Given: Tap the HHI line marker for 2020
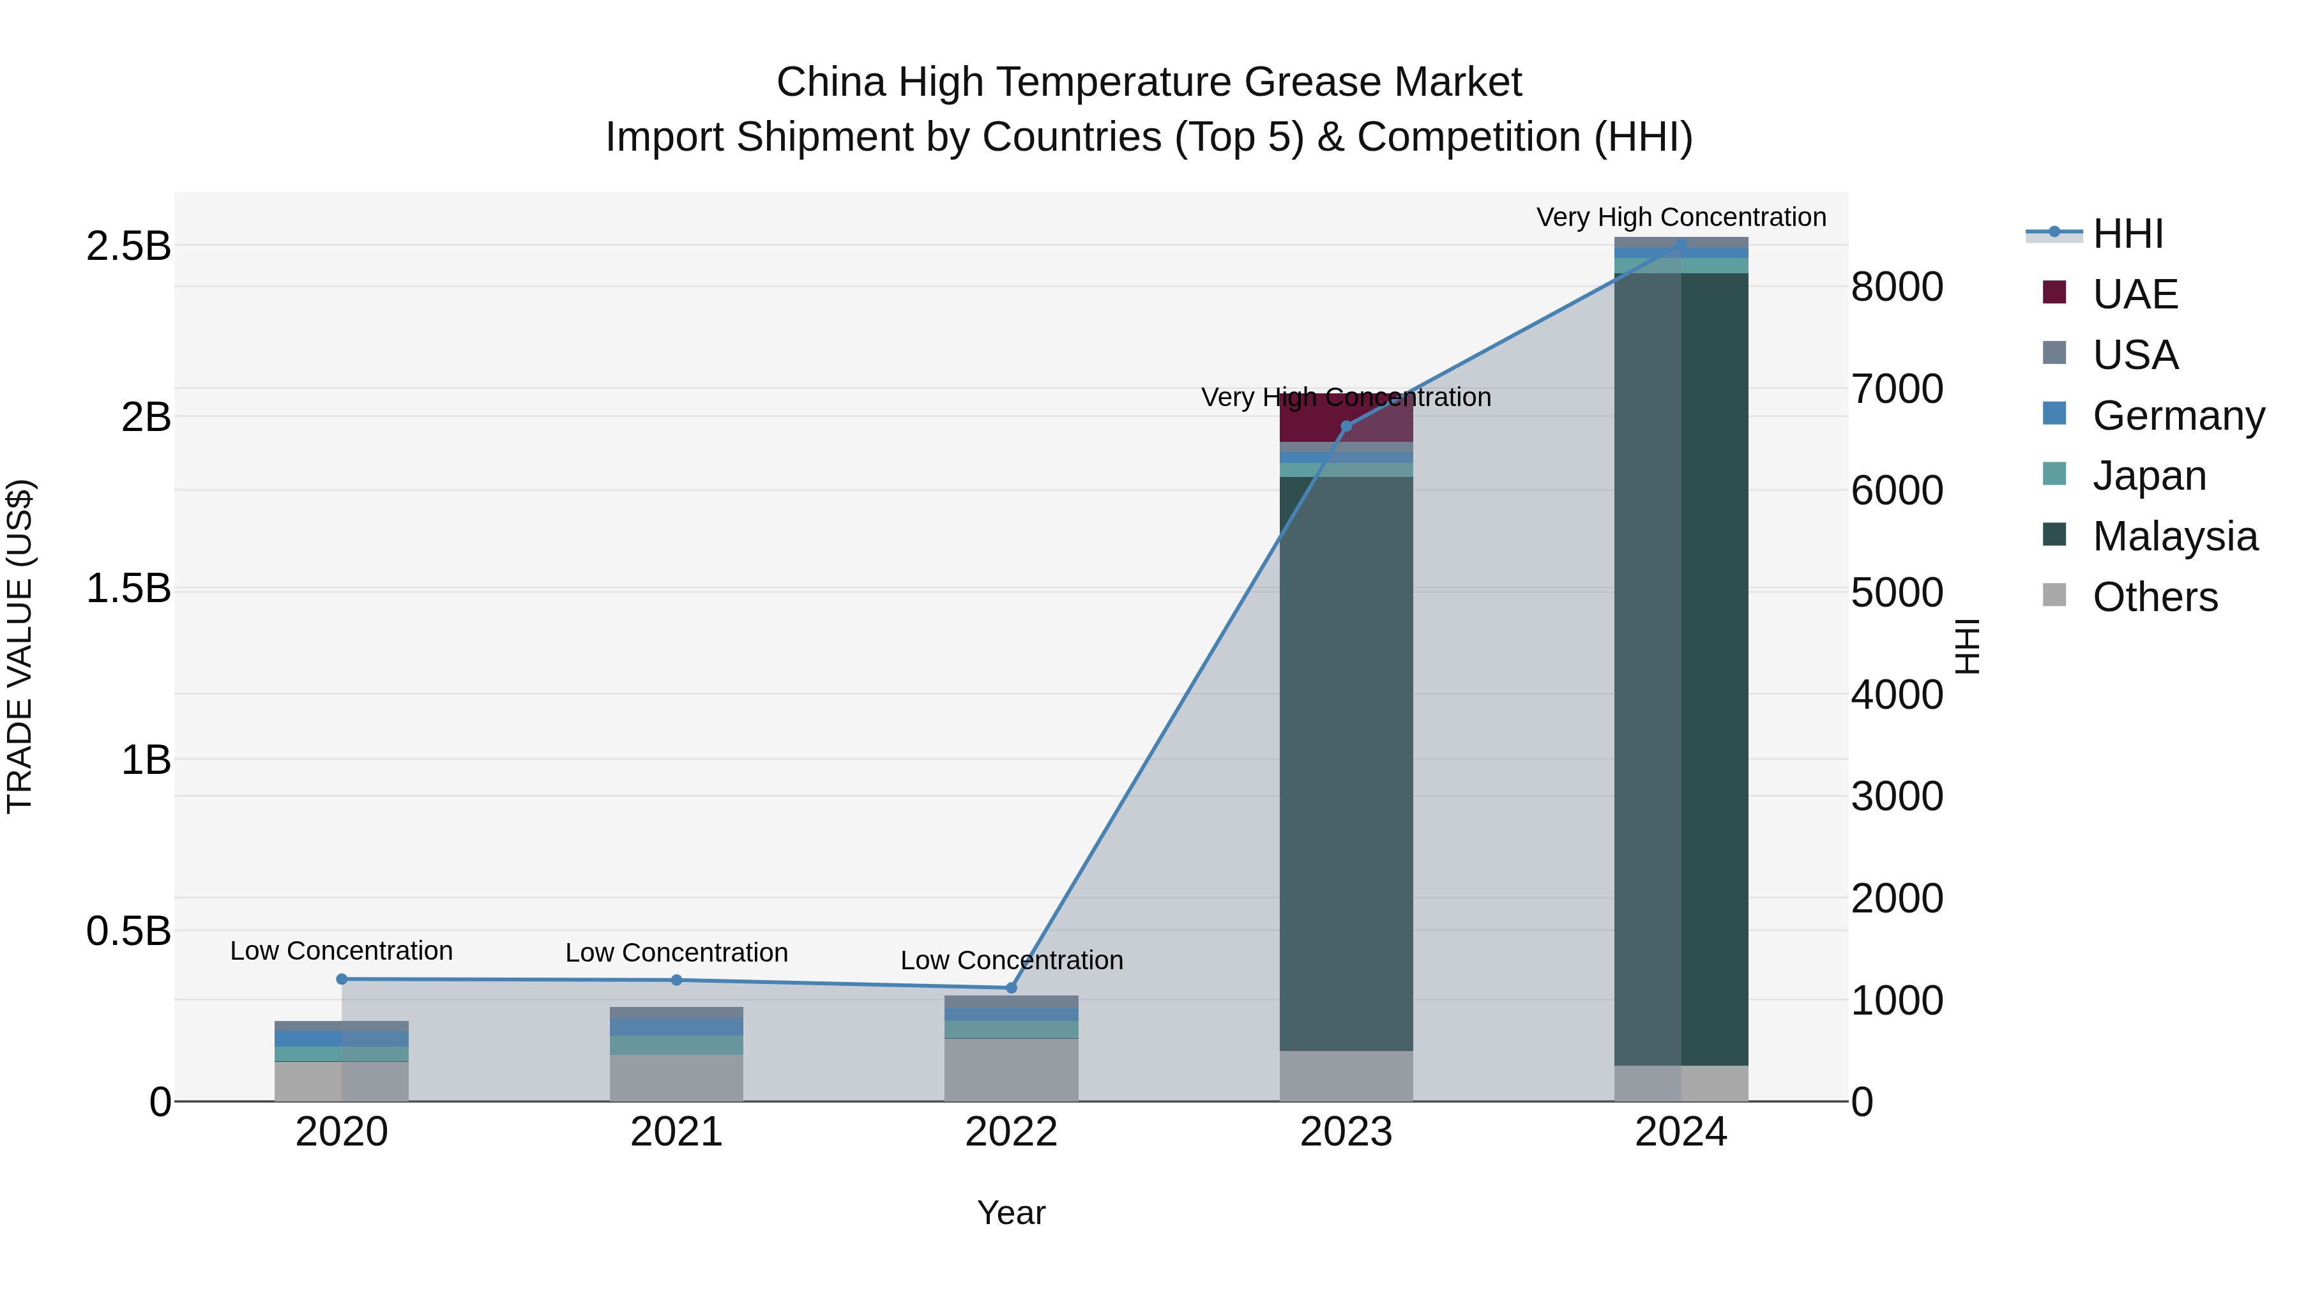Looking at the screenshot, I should point(342,979).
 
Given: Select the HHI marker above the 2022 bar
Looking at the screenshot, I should point(1011,988).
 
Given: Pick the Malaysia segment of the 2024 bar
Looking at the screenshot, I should point(1681,669).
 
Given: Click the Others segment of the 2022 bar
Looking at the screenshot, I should point(1011,1070).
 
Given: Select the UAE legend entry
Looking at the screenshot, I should point(2135,294).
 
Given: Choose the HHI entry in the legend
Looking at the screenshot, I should point(2128,234).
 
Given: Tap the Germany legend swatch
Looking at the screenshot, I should point(2054,414).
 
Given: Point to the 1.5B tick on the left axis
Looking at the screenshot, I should point(128,589).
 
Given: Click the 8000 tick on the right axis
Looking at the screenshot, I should point(1897,287).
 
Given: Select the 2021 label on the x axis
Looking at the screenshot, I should point(676,1132).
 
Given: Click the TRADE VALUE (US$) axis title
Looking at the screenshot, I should point(20,646).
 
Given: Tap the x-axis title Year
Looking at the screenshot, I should point(1011,1213).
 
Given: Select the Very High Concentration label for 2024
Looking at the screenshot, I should point(1681,217).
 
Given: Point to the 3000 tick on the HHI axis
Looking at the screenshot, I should point(1897,796).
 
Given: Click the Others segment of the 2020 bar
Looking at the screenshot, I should point(342,1082).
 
